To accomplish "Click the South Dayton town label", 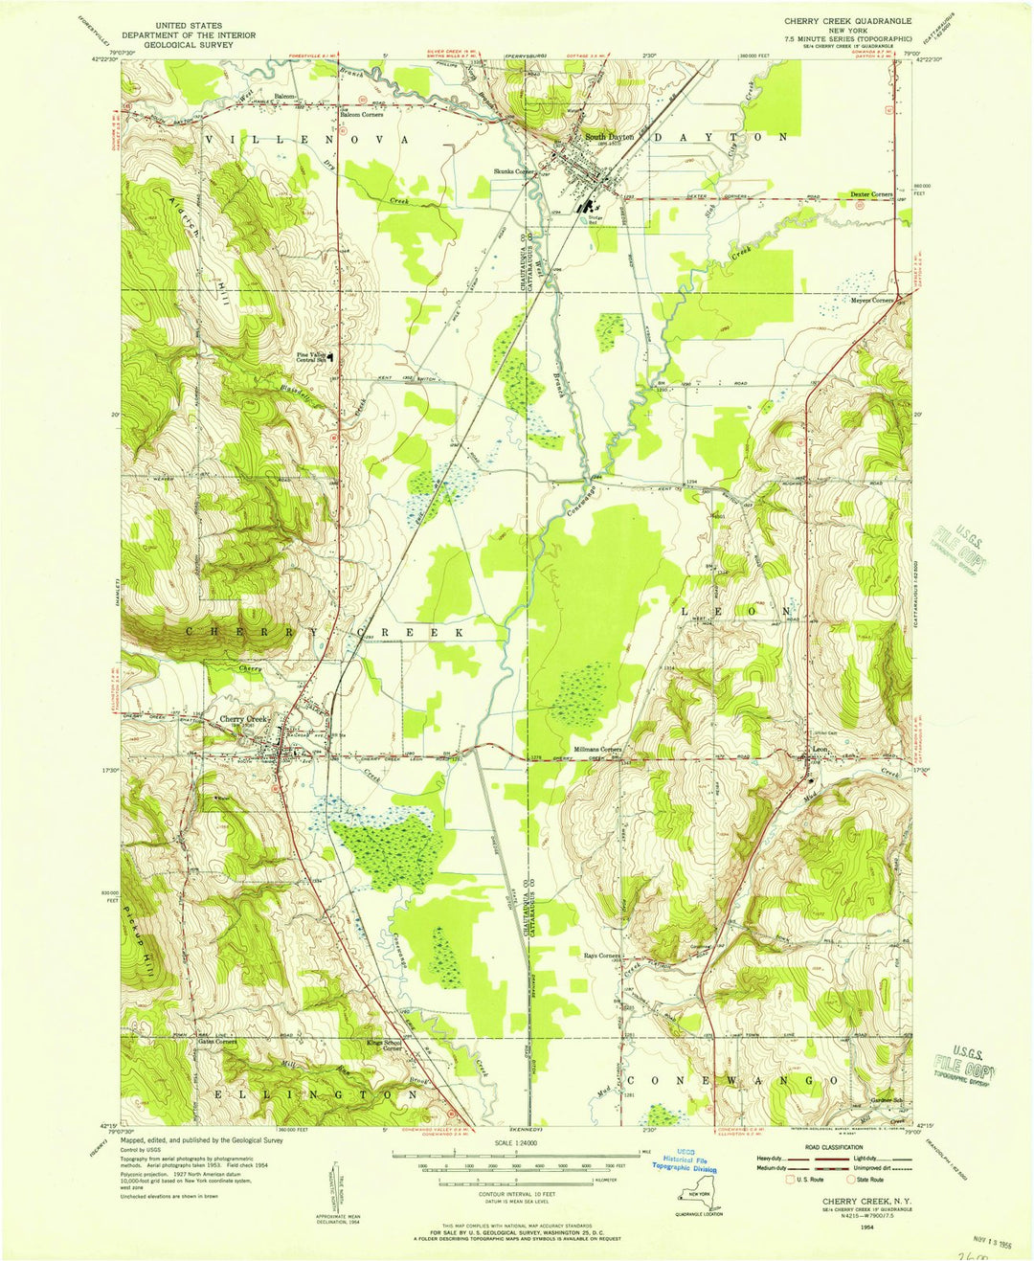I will point(609,138).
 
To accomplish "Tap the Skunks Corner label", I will point(514,171).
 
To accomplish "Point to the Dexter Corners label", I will point(871,194).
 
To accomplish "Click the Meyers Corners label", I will point(872,300).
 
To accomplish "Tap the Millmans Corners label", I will point(597,749).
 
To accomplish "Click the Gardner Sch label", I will point(888,1100).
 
